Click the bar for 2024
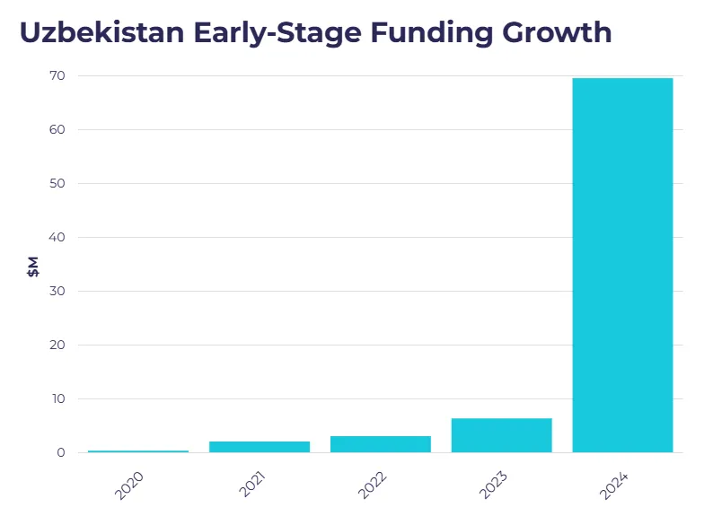[x=622, y=265]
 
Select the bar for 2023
[x=501, y=435]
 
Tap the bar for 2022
[x=381, y=443]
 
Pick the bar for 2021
[x=260, y=446]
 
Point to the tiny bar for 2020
[x=138, y=450]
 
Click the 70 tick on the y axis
[x=57, y=76]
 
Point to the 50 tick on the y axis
[x=57, y=184]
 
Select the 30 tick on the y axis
[x=57, y=292]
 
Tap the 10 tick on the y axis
[x=57, y=399]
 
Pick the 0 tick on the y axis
[x=60, y=453]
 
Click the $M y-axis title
[x=33, y=266]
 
